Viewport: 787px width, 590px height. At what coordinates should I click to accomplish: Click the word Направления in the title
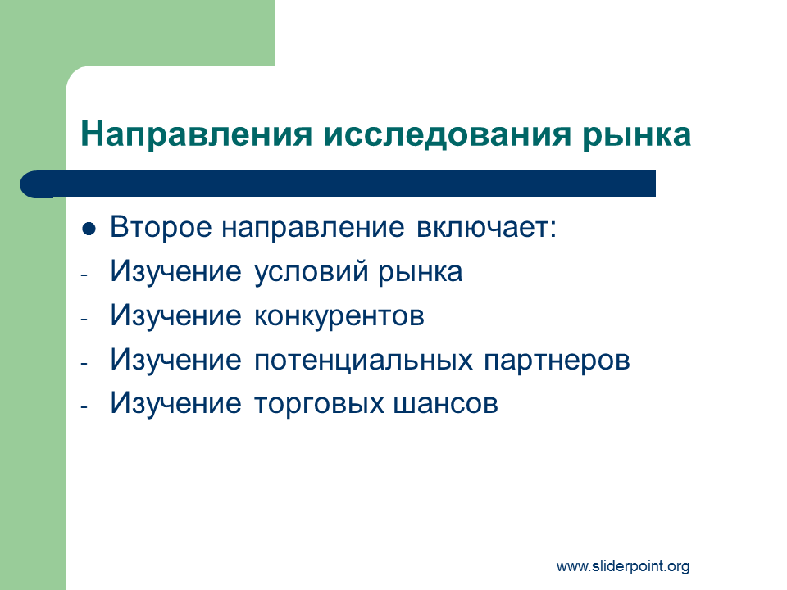point(196,134)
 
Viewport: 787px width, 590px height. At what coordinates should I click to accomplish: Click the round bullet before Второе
point(89,229)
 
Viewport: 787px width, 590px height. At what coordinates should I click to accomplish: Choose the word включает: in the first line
point(486,227)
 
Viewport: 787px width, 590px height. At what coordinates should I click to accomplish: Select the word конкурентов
point(339,316)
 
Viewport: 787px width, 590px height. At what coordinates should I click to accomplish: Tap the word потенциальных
point(363,361)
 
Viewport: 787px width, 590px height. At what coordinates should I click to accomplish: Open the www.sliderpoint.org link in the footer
point(623,566)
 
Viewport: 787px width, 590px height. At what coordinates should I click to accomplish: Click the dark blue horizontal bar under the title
point(338,184)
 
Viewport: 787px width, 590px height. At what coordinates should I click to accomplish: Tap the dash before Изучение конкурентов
point(84,319)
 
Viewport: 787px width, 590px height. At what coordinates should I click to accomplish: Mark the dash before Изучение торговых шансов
point(84,407)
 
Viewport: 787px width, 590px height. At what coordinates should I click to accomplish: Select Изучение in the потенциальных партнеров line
point(175,361)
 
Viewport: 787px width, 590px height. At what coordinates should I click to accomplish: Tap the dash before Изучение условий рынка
point(84,275)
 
